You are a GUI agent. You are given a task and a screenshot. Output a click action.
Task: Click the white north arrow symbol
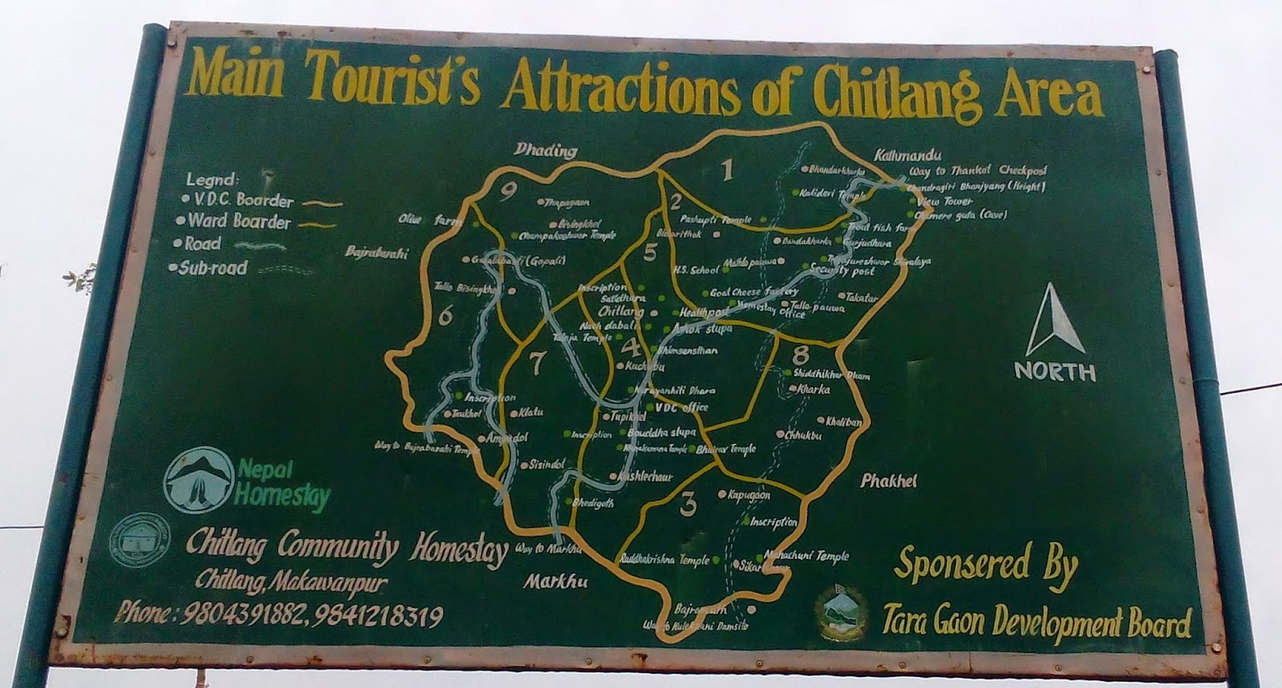click(x=1055, y=321)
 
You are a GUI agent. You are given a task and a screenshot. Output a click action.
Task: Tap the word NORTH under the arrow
click(x=1054, y=372)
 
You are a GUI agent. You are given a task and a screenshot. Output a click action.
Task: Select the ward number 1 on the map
click(x=727, y=170)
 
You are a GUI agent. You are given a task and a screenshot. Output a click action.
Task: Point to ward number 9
click(x=507, y=192)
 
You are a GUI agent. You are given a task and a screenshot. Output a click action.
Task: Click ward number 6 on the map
click(x=445, y=316)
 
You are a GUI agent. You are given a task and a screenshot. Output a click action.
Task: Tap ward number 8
click(x=800, y=354)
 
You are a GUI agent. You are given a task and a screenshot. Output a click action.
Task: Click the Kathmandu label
click(x=908, y=155)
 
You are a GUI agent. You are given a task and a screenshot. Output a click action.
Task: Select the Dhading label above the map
click(x=546, y=150)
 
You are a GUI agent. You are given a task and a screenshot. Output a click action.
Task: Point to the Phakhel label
click(x=888, y=481)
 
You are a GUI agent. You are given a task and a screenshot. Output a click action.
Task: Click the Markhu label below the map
click(x=556, y=582)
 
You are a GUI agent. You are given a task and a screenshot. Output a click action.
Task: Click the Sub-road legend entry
click(x=212, y=268)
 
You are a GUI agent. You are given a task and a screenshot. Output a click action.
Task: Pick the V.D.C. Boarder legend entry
click(x=238, y=201)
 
